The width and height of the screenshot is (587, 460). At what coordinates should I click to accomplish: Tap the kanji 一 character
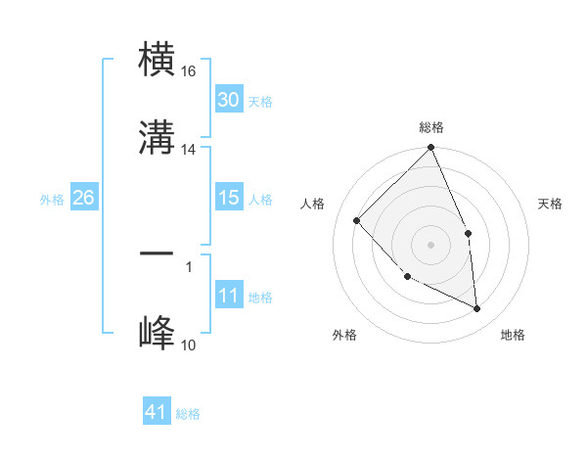coord(157,253)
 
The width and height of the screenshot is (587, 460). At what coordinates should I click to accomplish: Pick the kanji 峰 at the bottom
coord(157,332)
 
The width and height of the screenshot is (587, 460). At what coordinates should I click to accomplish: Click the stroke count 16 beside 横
coord(189,71)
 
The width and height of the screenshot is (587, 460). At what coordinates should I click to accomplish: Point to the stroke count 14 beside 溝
coord(189,150)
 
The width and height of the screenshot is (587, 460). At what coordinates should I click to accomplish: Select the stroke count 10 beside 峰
coord(189,345)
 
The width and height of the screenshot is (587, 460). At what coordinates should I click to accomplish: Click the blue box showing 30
coord(228,100)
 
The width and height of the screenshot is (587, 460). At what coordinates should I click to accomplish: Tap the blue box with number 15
coord(228,198)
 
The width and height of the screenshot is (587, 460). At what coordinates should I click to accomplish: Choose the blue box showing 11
coord(228,296)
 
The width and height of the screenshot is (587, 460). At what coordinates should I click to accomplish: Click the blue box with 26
coord(83,198)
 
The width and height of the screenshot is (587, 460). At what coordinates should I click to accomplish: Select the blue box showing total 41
coord(157,412)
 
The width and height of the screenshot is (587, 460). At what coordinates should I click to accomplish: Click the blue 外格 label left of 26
coord(52,199)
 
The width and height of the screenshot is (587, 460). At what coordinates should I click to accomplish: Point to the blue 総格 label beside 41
coord(188,414)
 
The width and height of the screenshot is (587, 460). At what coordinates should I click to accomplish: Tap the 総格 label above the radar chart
coord(431,127)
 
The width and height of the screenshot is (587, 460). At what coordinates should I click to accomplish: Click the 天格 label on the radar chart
coord(550,204)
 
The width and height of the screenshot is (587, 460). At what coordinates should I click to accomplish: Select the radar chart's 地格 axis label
coord(513,335)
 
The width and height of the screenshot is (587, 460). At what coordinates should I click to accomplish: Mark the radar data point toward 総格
coord(430,149)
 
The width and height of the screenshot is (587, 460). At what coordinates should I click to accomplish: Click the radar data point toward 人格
coord(357,220)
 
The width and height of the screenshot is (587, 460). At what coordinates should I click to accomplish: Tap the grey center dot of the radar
coord(430,245)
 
